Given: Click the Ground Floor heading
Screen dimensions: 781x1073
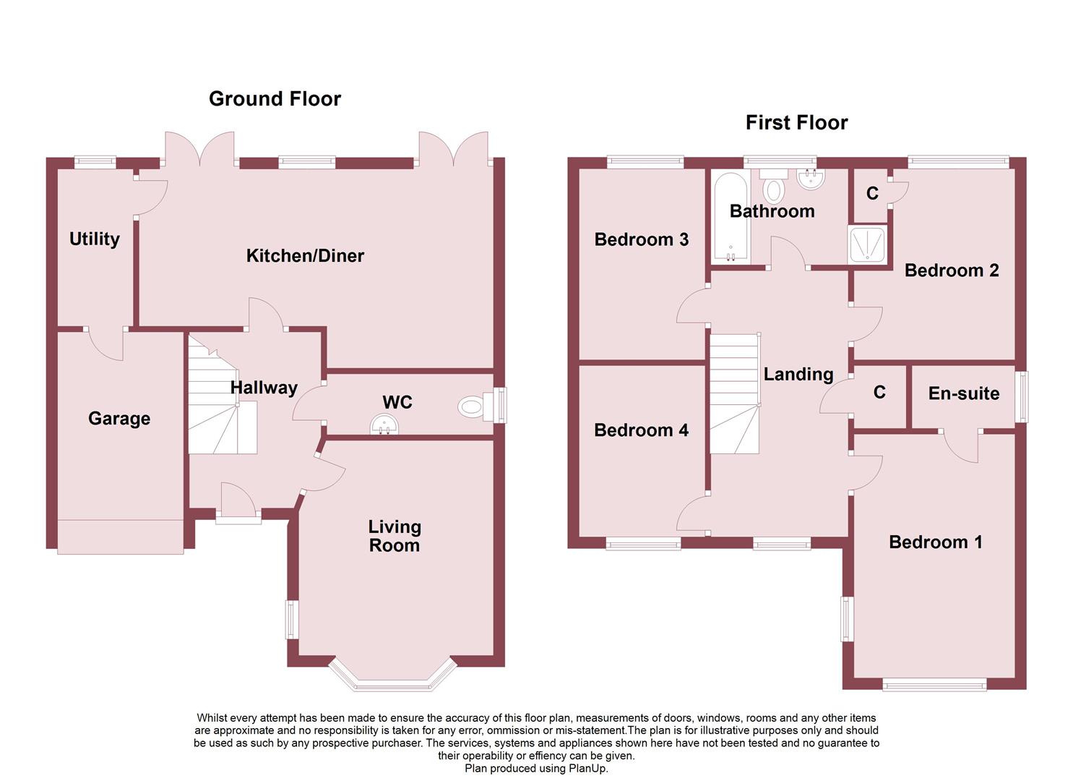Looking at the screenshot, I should [x=275, y=99].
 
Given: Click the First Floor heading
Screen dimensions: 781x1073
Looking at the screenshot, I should [x=796, y=123].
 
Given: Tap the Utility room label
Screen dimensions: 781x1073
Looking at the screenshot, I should [x=95, y=239].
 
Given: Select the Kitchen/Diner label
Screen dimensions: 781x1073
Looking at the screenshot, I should [x=305, y=255].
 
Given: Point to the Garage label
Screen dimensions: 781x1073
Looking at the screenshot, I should [x=119, y=418].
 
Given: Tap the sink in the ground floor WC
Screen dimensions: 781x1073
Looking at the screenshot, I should [x=384, y=426].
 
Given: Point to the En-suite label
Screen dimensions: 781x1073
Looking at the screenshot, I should [x=963, y=393].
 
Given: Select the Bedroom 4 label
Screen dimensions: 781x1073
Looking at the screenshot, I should [x=641, y=430].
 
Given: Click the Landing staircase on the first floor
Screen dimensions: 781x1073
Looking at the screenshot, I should [x=734, y=394].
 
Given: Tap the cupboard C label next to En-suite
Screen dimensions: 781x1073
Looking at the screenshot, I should [x=879, y=392].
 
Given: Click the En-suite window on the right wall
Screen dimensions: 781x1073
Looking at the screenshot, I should [x=1022, y=396].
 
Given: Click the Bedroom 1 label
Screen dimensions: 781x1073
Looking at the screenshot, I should [x=935, y=542].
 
